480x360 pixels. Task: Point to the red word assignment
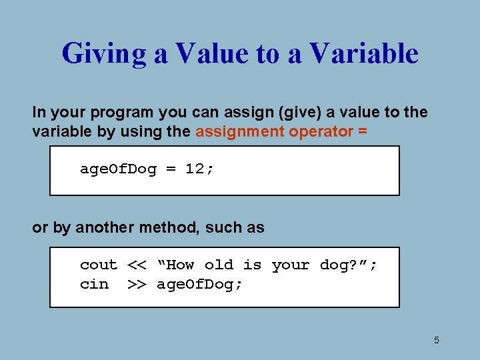239,131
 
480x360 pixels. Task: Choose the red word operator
321,131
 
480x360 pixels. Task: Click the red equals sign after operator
362,131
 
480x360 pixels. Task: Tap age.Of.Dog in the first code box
118,169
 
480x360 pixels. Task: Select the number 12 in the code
195,169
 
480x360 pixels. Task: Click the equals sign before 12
171,169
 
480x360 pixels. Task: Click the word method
169,227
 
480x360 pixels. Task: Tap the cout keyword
99,265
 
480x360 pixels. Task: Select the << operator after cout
137,265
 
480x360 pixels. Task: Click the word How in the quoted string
180,265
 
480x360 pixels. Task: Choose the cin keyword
94,285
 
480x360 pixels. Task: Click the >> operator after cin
137,285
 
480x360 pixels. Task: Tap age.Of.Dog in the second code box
199,285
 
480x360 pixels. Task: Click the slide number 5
437,341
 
